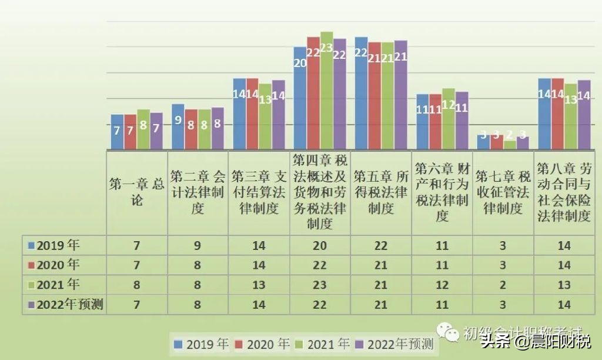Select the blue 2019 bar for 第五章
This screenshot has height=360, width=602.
coord(361,94)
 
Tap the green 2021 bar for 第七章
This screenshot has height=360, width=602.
coord(510,144)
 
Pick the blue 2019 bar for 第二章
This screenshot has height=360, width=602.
coord(178,126)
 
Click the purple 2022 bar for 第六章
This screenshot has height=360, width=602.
coord(461,121)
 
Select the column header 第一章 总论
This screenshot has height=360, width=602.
coord(136,191)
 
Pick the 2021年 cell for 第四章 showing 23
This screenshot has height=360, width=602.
coord(319,285)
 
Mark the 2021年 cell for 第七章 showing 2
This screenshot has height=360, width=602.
coord(503,285)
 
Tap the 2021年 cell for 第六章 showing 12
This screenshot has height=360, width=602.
coord(442,285)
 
